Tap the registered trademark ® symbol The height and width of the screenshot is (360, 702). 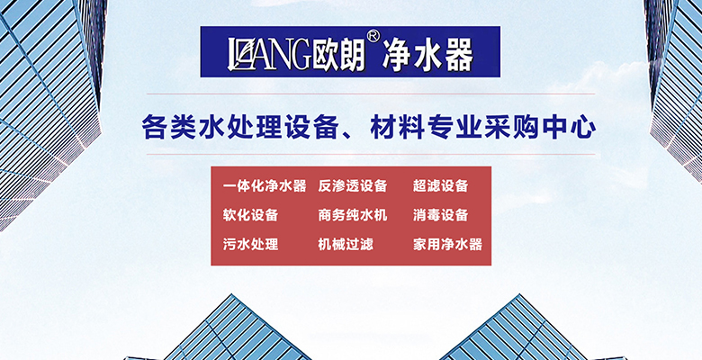click(x=373, y=36)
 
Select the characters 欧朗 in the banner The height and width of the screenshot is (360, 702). click(x=339, y=56)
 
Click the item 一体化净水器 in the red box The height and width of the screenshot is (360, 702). click(x=265, y=185)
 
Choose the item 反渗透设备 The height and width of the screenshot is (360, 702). click(x=352, y=185)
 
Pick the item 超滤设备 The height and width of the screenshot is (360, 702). click(x=440, y=185)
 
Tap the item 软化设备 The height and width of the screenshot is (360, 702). click(x=251, y=215)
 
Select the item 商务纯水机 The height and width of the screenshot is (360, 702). click(x=352, y=215)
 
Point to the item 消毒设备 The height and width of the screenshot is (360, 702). click(x=440, y=215)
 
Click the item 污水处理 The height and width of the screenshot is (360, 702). click(x=251, y=244)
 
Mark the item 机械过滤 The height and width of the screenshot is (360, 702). click(x=346, y=244)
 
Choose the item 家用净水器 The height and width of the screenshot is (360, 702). click(x=447, y=244)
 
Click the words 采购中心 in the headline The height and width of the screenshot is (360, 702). click(x=540, y=127)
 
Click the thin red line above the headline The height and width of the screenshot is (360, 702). click(x=371, y=94)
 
